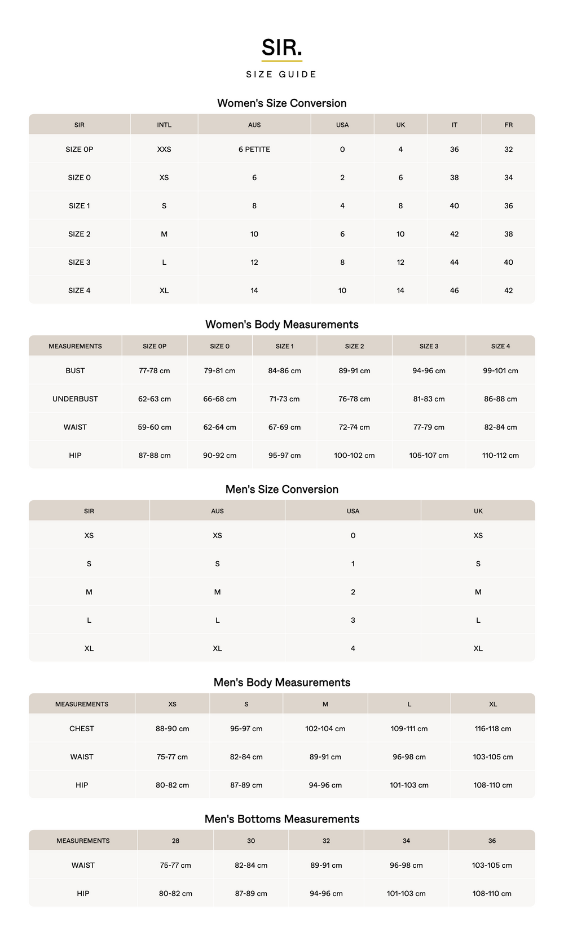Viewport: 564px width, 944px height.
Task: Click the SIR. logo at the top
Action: click(x=281, y=48)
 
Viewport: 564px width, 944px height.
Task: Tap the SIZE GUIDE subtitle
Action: click(x=281, y=75)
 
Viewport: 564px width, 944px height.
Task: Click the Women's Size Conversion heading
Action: click(x=281, y=103)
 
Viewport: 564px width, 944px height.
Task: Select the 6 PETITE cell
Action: click(x=254, y=150)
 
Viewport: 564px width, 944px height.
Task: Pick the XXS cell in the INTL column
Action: click(x=164, y=150)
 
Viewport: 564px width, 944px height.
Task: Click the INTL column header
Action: click(x=164, y=125)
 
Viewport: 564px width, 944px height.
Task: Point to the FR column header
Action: click(x=508, y=125)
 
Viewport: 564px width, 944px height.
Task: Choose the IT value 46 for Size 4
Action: click(x=454, y=291)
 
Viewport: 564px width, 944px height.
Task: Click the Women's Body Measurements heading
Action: click(x=281, y=325)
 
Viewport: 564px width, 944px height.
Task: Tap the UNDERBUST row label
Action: click(x=75, y=399)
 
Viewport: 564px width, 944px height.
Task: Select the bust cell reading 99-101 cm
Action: click(x=500, y=371)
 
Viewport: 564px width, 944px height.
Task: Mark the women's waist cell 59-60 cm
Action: click(x=155, y=427)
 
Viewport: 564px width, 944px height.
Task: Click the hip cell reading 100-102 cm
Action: click(x=354, y=456)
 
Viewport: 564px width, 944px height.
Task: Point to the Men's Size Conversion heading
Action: click(x=281, y=490)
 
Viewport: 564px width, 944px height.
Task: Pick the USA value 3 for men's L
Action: click(x=353, y=620)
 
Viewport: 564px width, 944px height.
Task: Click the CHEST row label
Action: click(x=82, y=729)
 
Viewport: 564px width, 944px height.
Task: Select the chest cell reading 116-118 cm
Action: click(x=493, y=729)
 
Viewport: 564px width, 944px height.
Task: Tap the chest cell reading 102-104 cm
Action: click(x=325, y=729)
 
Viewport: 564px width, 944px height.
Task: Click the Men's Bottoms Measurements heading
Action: click(x=281, y=819)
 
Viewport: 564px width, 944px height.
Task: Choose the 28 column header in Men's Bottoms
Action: click(x=175, y=841)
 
